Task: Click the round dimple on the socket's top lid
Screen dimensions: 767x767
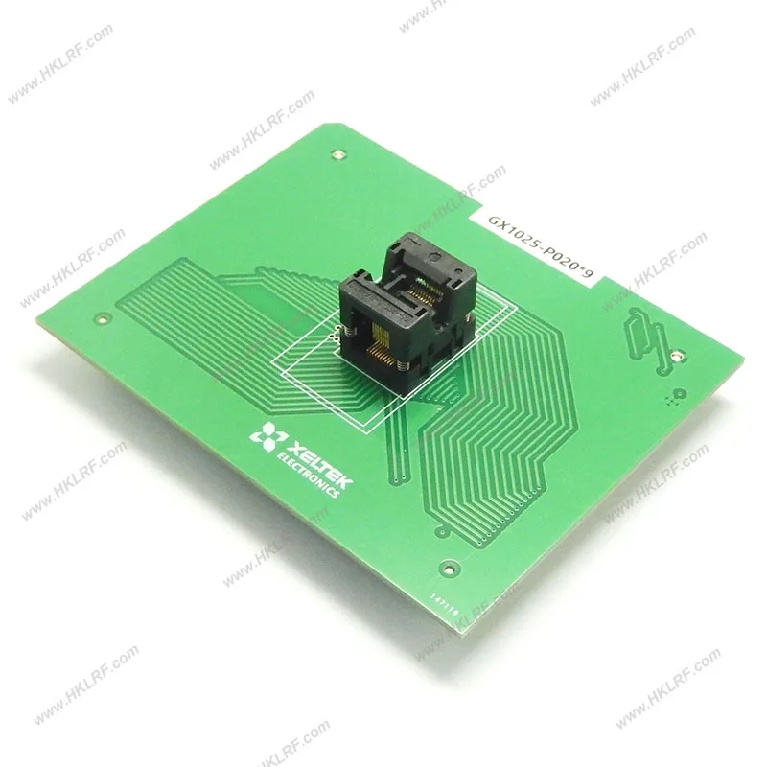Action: pos(434,256)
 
